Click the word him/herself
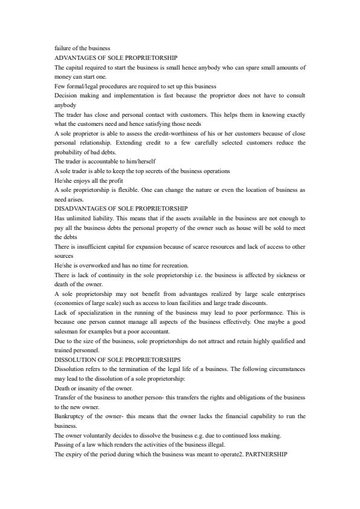124,162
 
